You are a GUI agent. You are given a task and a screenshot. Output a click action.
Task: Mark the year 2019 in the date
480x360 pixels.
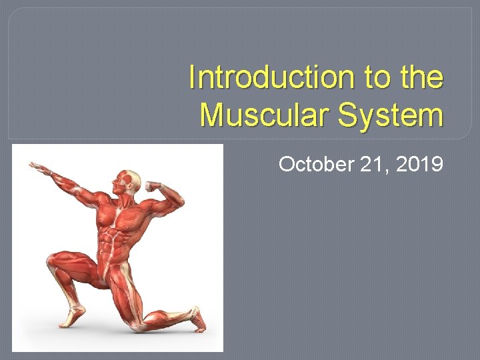coord(417,163)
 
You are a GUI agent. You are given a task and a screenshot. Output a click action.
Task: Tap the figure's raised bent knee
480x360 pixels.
coord(53,263)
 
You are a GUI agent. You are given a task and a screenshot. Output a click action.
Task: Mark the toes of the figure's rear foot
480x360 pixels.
coord(199,326)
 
